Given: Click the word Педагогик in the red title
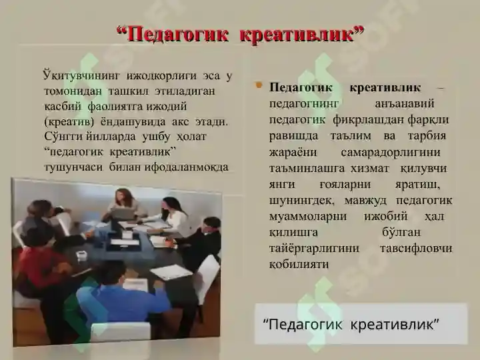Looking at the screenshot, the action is [177, 34].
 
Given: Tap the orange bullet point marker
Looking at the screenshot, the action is [259, 85].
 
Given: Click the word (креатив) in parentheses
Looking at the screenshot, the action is [69, 122].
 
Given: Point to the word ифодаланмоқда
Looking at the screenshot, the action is [187, 167].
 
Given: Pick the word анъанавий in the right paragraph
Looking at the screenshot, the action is [405, 104].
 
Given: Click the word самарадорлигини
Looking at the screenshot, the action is [390, 152].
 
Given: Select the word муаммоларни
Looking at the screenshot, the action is [308, 216].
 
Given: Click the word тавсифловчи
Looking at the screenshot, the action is [416, 248].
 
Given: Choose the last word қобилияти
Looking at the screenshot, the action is [299, 264].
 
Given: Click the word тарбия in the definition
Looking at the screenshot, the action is [427, 136].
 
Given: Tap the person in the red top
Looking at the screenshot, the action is [40, 263].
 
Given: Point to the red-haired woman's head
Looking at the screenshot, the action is [124, 198].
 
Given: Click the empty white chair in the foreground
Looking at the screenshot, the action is [121, 332].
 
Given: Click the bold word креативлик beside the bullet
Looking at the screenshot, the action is [385, 88].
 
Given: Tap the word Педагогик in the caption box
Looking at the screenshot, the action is [305, 324].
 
